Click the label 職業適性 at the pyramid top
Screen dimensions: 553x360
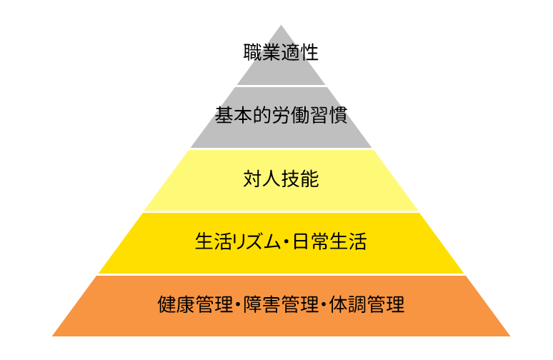click(281, 53)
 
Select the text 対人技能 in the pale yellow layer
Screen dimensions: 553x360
click(281, 179)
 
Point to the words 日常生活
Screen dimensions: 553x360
click(329, 241)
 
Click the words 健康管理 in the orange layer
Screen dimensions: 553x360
click(195, 304)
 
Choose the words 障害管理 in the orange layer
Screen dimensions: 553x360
click(281, 304)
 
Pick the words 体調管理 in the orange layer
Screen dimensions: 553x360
click(367, 304)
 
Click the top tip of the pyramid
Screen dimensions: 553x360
click(281, 25)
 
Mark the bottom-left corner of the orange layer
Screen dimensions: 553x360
click(52, 336)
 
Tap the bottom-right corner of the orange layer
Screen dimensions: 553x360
click(510, 336)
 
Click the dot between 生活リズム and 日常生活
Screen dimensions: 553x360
click(287, 242)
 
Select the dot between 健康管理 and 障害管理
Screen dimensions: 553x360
click(238, 304)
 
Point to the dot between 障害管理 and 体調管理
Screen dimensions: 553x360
click(324, 304)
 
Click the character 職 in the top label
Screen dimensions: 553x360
click(252, 53)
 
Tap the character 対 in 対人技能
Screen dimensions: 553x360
click(252, 179)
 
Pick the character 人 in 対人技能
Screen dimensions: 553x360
click(271, 179)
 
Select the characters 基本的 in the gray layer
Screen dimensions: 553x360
click(243, 115)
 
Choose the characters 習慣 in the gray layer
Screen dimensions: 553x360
click(329, 115)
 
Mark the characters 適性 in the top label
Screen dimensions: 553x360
click(300, 53)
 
